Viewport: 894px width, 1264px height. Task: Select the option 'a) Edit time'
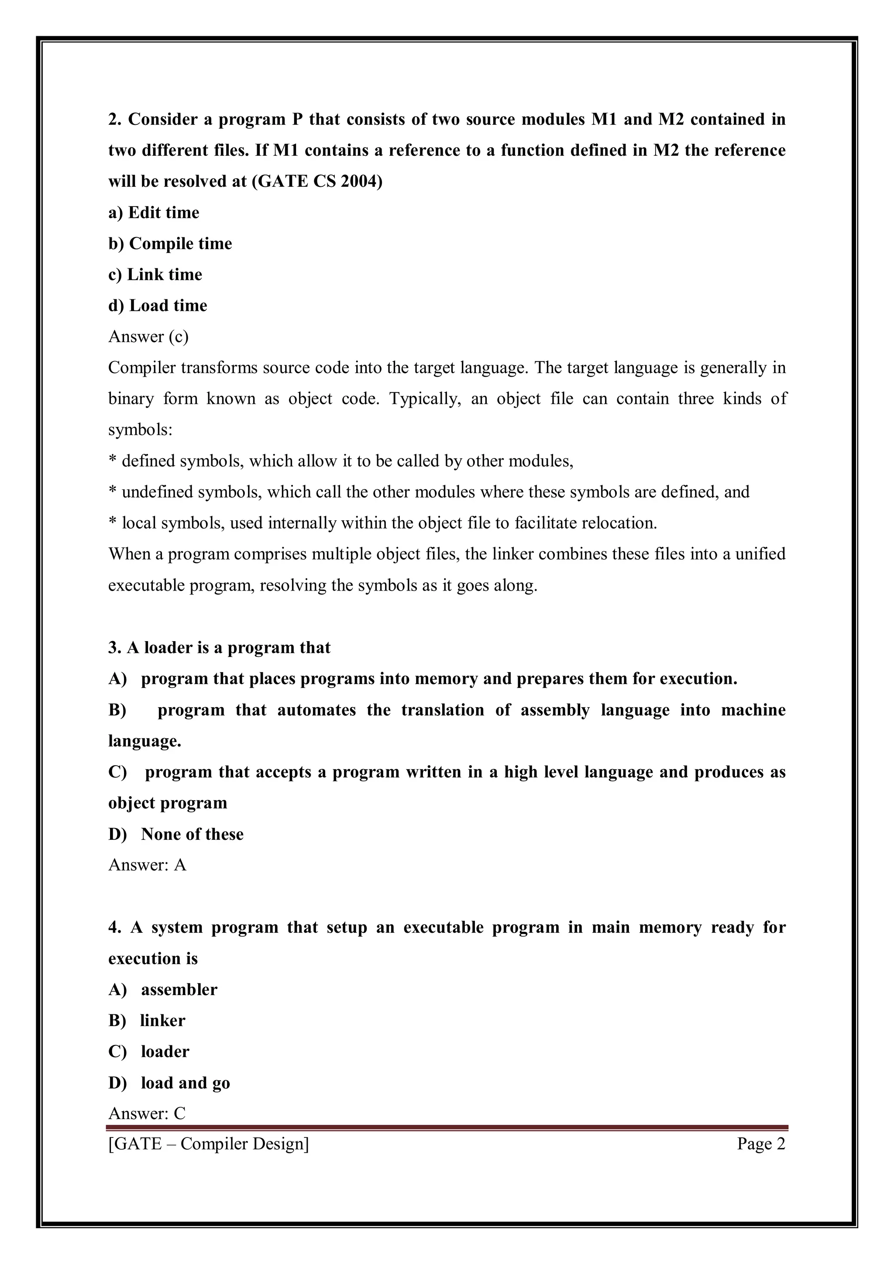(x=154, y=213)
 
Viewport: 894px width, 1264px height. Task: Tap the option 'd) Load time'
(x=158, y=306)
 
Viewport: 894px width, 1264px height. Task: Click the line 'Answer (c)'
(x=148, y=337)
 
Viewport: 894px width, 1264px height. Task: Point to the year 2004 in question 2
(x=358, y=181)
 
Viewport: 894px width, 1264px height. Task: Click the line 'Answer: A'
(x=147, y=865)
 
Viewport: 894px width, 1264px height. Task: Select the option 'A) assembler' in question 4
(x=162, y=989)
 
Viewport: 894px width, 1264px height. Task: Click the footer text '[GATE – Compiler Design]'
(x=209, y=1144)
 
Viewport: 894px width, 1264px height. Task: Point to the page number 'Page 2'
(x=761, y=1144)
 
